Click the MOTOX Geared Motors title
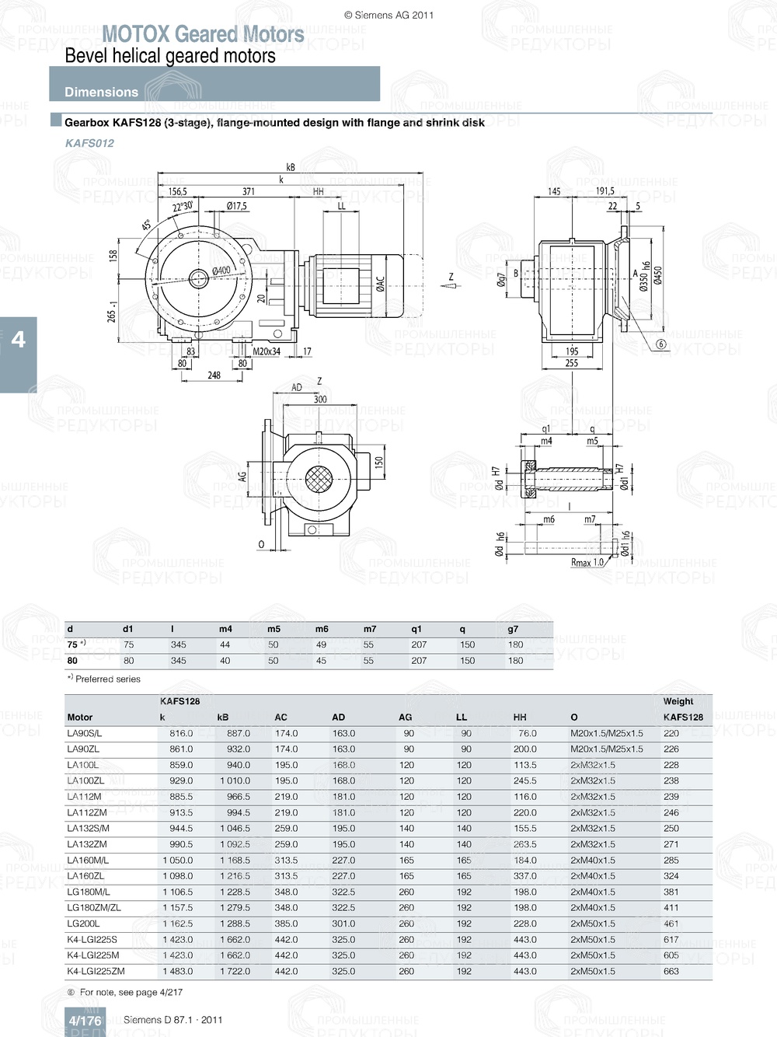pos(203,34)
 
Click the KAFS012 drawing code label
pos(89,143)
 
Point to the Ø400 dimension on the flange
pos(221,271)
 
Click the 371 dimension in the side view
pos(248,191)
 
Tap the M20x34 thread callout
pos(267,351)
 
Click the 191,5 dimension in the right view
pos(605,191)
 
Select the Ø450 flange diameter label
pos(658,276)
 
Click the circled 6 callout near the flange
pos(661,344)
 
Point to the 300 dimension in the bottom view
pos(319,400)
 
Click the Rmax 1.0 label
pos(587,562)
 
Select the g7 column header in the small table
pos(513,629)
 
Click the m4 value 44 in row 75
pos(225,644)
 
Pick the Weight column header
pos(678,701)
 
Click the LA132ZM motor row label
pos(87,844)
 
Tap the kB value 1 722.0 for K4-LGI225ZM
pos(233,971)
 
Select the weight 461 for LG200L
pos(671,924)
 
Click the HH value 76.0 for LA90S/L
pos(527,733)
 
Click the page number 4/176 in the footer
pos(85,1021)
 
